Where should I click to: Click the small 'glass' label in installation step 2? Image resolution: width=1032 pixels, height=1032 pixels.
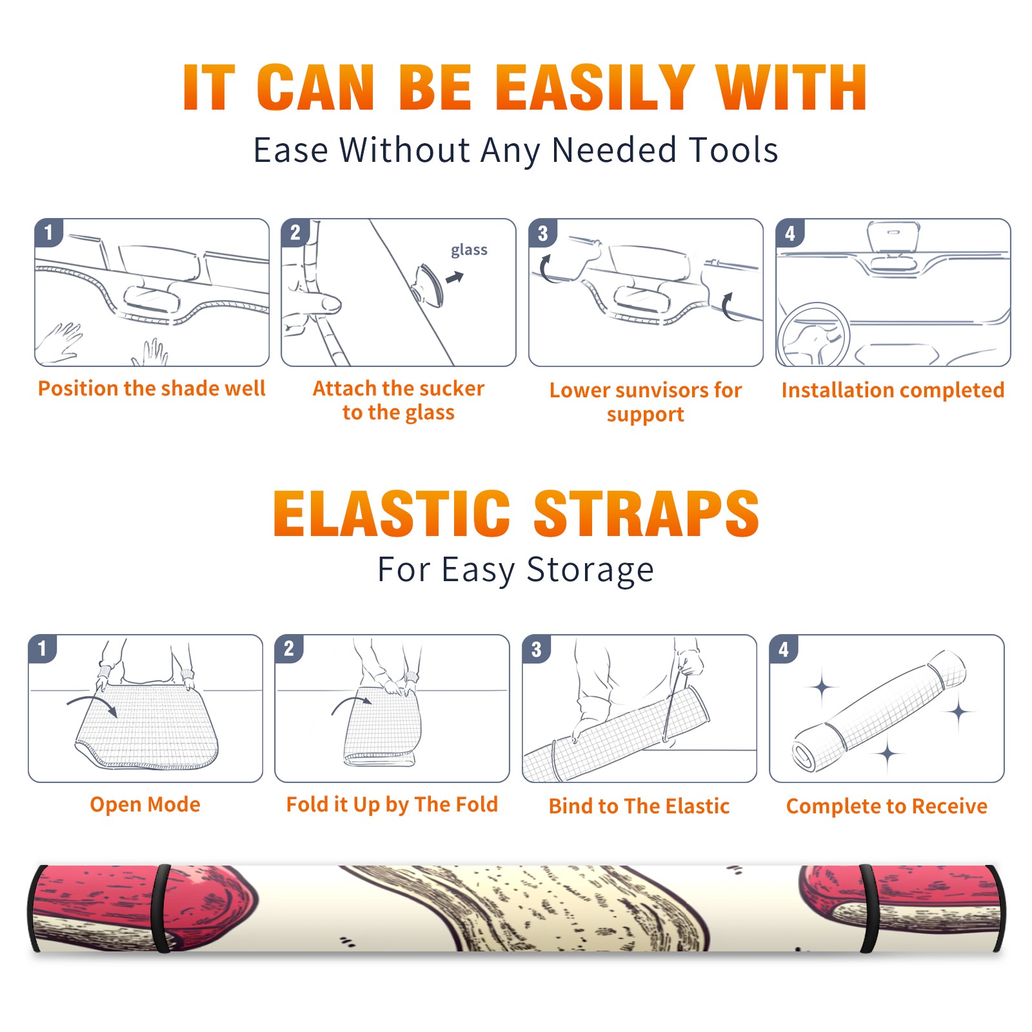pyautogui.click(x=469, y=250)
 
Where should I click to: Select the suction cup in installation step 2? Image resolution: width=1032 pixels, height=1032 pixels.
pyautogui.click(x=428, y=284)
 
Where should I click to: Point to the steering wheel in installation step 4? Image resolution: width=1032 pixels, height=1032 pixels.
pyautogui.click(x=814, y=334)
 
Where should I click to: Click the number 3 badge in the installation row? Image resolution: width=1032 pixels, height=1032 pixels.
pyautogui.click(x=542, y=233)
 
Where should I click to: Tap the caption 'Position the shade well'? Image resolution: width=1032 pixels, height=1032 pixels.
pyautogui.click(x=152, y=388)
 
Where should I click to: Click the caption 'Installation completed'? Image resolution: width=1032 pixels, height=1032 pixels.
pyautogui.click(x=893, y=390)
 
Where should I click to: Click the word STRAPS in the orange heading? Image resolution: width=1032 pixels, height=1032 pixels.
pyautogui.click(x=646, y=513)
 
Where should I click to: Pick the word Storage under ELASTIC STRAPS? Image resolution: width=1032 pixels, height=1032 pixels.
pyautogui.click(x=590, y=570)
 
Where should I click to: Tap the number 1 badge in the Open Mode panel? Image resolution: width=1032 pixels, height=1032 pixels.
pyautogui.click(x=43, y=648)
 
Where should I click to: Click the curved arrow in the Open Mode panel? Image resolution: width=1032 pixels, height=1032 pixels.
pyautogui.click(x=92, y=701)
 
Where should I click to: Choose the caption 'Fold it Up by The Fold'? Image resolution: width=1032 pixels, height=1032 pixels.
pyautogui.click(x=392, y=804)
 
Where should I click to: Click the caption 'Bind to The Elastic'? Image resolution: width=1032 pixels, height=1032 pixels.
pyautogui.click(x=639, y=806)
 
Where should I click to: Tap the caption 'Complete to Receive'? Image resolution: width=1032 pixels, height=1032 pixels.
pyautogui.click(x=887, y=806)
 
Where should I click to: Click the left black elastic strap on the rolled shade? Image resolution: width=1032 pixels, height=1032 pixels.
pyautogui.click(x=161, y=908)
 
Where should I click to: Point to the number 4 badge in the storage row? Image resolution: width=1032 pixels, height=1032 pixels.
pyautogui.click(x=784, y=649)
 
